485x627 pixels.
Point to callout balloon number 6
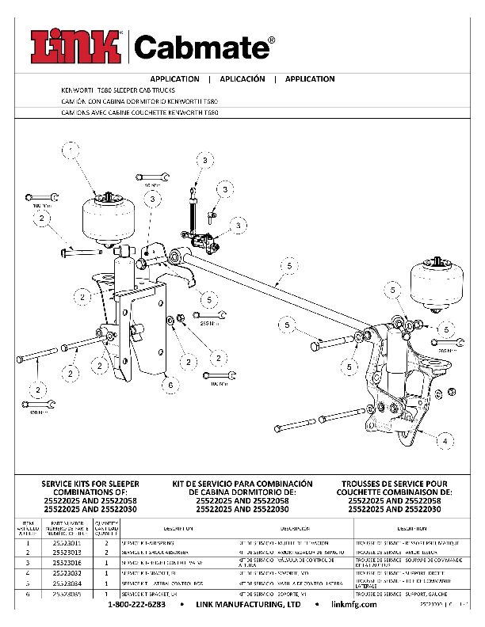pos(169,385)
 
